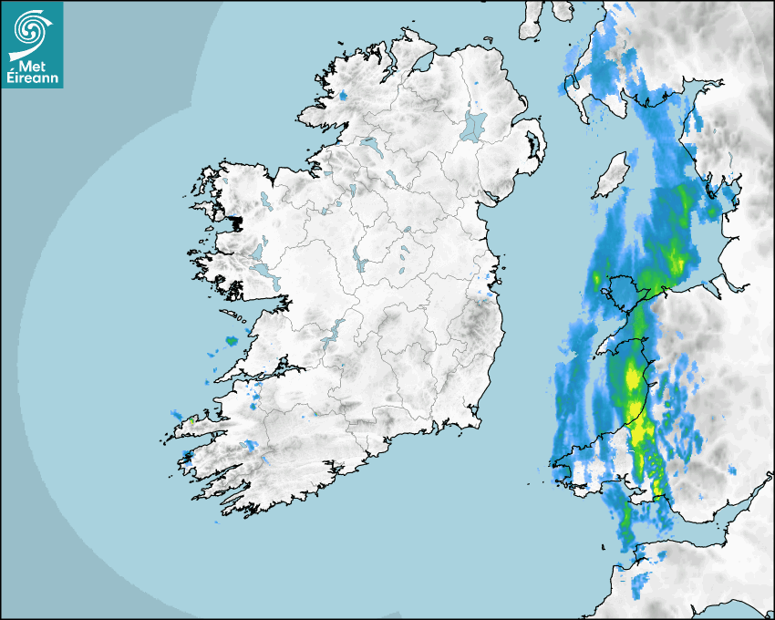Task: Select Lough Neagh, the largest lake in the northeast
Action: (x=473, y=125)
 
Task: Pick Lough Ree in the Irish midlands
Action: (x=359, y=260)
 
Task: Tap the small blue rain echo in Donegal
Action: (x=343, y=96)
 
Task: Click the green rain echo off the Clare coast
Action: (x=231, y=341)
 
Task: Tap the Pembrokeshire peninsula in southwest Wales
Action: (x=574, y=470)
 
